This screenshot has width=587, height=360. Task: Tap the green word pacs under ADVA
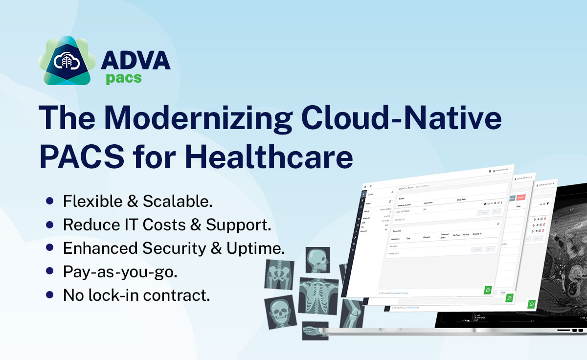(x=124, y=78)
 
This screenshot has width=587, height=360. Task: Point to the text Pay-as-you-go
(x=120, y=272)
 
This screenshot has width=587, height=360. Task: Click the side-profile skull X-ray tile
(x=318, y=260)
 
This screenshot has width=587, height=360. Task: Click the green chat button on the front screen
(x=488, y=290)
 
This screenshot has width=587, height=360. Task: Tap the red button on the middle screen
(x=520, y=198)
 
